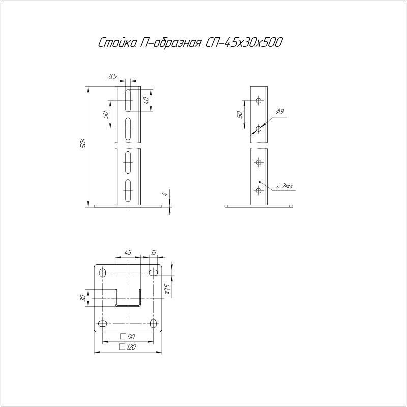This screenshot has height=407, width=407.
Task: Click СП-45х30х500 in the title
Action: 246,44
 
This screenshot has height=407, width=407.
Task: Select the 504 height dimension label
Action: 84,144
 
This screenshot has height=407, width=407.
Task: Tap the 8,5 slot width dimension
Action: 113,76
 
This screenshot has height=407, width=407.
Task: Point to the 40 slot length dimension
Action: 146,100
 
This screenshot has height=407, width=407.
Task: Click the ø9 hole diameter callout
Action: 279,111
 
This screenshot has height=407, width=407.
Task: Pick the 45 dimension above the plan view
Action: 128,252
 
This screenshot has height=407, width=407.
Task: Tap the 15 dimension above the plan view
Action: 153,252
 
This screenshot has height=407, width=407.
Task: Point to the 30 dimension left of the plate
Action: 83,298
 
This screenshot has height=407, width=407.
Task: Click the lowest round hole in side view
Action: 259,190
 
